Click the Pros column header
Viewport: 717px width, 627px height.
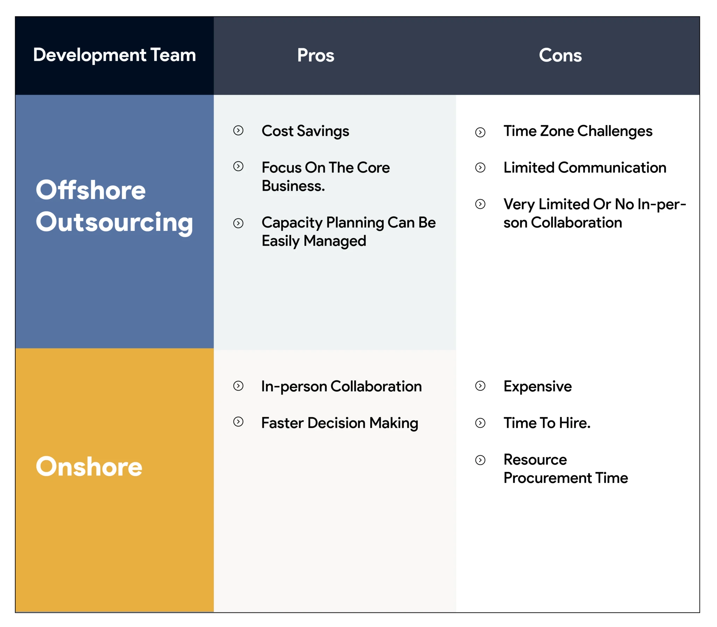[x=315, y=55]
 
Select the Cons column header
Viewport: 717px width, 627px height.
[x=560, y=55]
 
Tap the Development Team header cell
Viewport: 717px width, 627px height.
[x=114, y=55]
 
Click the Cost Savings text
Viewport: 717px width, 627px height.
[x=305, y=131]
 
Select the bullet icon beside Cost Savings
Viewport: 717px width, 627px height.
[x=238, y=131]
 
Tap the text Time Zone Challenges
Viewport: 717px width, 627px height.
[x=578, y=131]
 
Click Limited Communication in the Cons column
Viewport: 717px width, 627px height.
[x=585, y=168]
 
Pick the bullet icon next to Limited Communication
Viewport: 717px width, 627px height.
[x=480, y=168]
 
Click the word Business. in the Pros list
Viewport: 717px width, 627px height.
[x=293, y=186]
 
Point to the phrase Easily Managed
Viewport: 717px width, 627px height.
[x=314, y=241]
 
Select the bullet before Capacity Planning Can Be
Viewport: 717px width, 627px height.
[x=238, y=223]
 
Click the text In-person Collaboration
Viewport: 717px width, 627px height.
[x=341, y=386]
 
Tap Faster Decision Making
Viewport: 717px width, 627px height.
[x=340, y=423]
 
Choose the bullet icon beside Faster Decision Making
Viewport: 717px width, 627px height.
[x=238, y=422]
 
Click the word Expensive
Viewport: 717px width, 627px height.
[x=537, y=386]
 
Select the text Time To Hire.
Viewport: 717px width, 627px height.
[x=547, y=423]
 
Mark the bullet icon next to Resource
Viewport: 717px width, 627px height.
[x=480, y=460]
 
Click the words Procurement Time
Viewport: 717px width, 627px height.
[x=566, y=478]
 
